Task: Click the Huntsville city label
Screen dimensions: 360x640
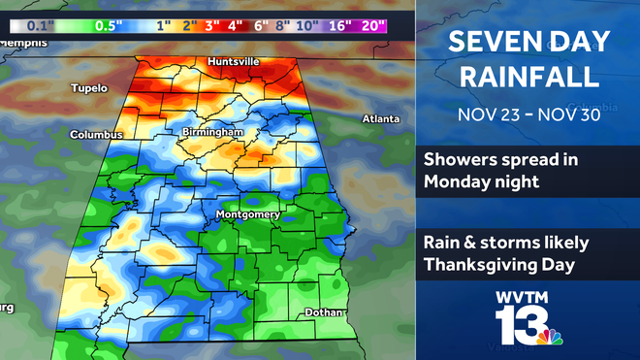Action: tap(233, 62)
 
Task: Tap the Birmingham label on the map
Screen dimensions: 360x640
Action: tap(210, 132)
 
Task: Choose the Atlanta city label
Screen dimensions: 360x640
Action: tap(380, 118)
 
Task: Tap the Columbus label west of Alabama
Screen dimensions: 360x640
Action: tap(95, 135)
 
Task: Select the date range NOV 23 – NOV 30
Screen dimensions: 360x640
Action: tap(528, 114)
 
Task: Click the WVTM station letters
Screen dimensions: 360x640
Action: tap(529, 298)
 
